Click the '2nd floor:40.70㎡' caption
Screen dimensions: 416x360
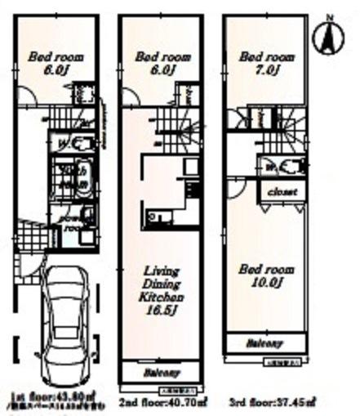pos(163,402)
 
